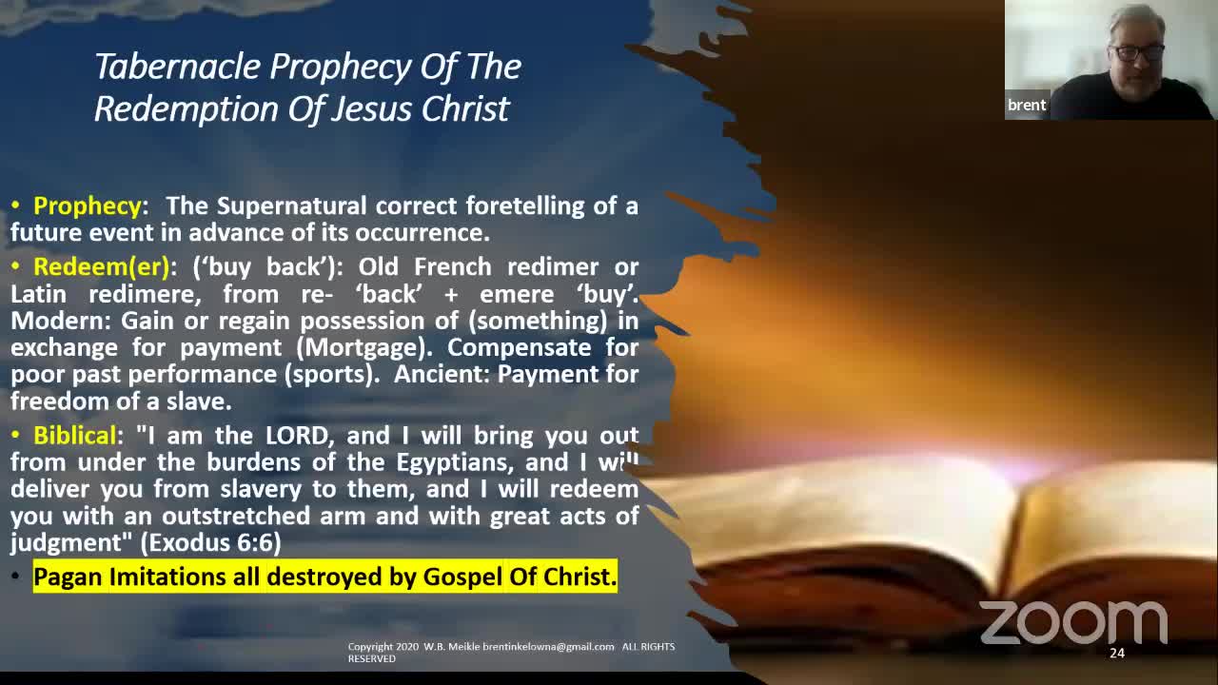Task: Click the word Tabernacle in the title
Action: click(178, 67)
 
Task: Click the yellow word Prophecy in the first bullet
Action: click(87, 206)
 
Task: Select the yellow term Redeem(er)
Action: click(102, 267)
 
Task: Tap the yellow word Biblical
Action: click(75, 436)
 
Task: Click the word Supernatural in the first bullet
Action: click(291, 206)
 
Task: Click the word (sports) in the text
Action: click(330, 375)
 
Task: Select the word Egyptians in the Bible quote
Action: click(455, 463)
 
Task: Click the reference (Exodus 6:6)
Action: click(211, 542)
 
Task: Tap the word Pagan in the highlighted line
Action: click(68, 577)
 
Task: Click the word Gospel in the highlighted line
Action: click(462, 577)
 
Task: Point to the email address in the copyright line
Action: click(548, 647)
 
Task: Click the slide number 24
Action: click(1117, 654)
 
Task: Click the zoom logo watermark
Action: click(1073, 622)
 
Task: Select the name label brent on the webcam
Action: click(1027, 105)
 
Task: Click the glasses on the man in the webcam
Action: click(1139, 52)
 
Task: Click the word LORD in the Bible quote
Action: click(297, 436)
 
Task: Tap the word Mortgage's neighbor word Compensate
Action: click(519, 348)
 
